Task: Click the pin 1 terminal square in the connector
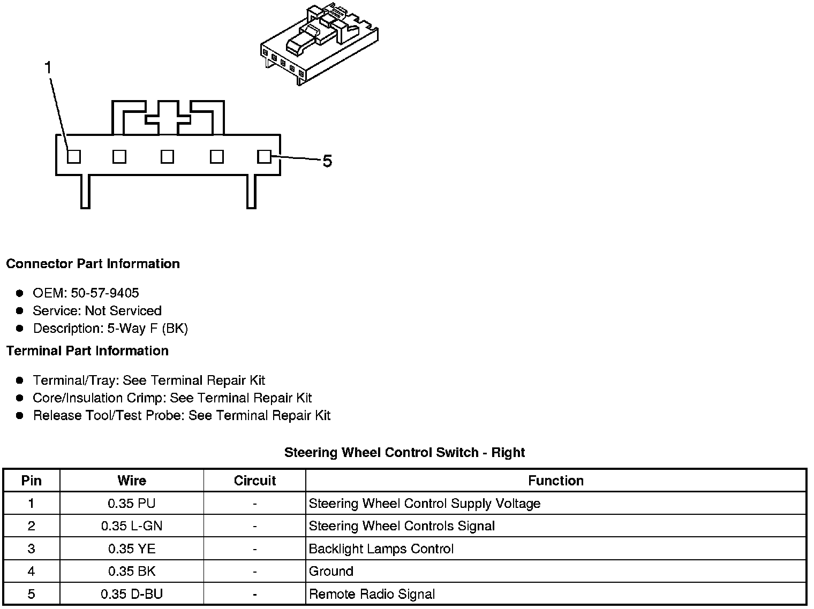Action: point(74,156)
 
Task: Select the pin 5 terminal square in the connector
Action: point(264,156)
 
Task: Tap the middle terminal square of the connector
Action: point(168,156)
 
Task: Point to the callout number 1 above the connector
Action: point(48,68)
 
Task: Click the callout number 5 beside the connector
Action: point(327,161)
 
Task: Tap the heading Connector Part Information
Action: point(93,264)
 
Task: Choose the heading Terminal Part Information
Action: point(87,351)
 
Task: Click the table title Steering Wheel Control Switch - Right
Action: point(404,453)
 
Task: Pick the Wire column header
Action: point(132,481)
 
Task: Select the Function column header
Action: point(555,481)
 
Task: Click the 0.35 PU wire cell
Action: point(132,504)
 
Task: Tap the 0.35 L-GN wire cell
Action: point(132,526)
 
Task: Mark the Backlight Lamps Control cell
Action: point(381,549)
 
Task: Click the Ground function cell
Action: point(331,572)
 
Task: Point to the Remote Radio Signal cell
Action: point(372,594)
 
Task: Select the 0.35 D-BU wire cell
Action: point(132,594)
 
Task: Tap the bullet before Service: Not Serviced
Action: point(20,310)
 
